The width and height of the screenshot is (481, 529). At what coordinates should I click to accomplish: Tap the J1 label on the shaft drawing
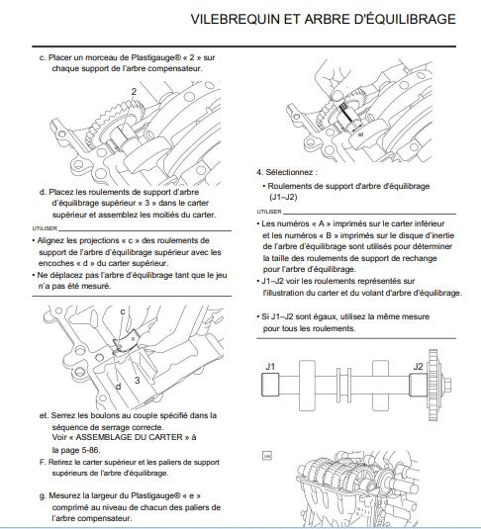[x=270, y=367]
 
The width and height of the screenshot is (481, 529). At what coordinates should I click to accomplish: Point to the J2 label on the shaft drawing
[x=418, y=367]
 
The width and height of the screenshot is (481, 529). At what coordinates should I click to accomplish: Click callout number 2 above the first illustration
[x=134, y=91]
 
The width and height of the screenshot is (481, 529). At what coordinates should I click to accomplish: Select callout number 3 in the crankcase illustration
[x=137, y=381]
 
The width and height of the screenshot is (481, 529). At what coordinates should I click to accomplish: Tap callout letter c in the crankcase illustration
[x=123, y=311]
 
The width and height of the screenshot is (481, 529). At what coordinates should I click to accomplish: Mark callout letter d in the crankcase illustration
[x=118, y=386]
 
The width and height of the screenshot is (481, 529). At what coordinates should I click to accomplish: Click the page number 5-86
[x=90, y=450]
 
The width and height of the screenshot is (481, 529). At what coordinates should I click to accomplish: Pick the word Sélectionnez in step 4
[x=289, y=172]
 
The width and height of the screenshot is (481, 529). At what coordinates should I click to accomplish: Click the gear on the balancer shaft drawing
[x=433, y=385]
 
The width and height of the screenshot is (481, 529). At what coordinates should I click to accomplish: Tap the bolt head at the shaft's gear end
[x=447, y=385]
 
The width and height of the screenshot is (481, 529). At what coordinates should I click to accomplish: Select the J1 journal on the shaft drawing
[x=270, y=385]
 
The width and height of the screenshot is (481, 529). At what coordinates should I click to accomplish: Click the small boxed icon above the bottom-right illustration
[x=267, y=456]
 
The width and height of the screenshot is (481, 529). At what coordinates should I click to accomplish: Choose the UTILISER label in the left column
[x=45, y=228]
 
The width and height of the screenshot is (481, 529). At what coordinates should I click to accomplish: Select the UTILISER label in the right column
[x=269, y=212]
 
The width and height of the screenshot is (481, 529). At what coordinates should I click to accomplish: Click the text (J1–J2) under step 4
[x=283, y=197]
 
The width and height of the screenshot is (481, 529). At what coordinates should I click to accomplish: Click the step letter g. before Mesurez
[x=43, y=496]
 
